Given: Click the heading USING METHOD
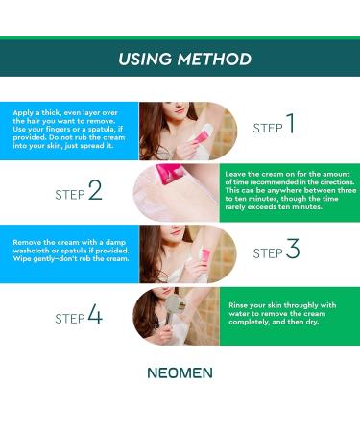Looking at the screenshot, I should click(184, 59).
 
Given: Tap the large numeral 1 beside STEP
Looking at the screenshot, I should click(289, 125).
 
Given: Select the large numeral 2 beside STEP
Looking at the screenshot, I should click(94, 191).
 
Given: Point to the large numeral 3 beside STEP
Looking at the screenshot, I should click(292, 251).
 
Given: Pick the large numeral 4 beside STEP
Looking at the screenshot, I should click(94, 315).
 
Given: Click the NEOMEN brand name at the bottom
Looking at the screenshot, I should click(180, 372).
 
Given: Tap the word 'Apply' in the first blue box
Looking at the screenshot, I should click(22, 112).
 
